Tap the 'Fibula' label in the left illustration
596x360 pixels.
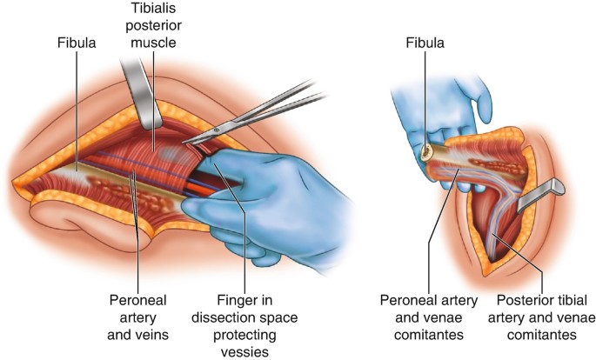tap(76, 40)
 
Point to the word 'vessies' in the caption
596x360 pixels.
tap(246, 350)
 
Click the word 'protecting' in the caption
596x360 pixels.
tap(246, 333)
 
